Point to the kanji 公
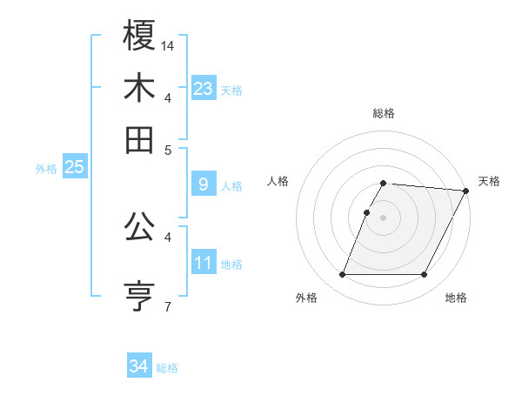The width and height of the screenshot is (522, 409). point(139,228)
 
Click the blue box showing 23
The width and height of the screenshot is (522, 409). point(204,88)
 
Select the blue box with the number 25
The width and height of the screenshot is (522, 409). point(74,167)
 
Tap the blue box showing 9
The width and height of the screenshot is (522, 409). point(204,184)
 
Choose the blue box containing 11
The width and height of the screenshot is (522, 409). point(204,262)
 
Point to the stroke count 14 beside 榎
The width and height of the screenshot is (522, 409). point(169,44)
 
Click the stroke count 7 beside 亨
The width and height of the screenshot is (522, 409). point(167,305)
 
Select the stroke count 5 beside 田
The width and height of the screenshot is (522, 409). point(168,149)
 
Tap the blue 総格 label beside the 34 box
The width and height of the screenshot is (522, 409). point(167,368)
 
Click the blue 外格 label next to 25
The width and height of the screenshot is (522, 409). point(45,169)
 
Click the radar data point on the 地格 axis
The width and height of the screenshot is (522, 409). point(425,275)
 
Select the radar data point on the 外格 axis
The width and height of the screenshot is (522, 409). point(342,275)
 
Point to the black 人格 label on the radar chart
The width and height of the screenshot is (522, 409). point(278,181)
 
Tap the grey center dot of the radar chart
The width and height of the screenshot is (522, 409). point(383,218)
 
